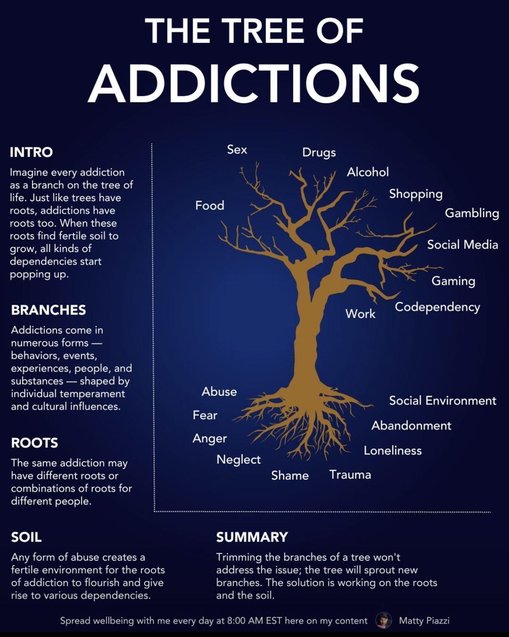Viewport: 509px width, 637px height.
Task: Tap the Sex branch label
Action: [x=237, y=150]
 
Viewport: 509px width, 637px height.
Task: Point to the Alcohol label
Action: [x=367, y=172]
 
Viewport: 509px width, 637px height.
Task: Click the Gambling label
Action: [x=472, y=214]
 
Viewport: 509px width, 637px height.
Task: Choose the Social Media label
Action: [x=462, y=245]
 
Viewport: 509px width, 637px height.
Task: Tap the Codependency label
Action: [x=437, y=307]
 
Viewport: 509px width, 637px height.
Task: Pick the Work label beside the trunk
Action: [x=360, y=314]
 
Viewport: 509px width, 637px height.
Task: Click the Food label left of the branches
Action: [x=210, y=205]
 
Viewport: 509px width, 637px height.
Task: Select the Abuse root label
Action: [x=219, y=391]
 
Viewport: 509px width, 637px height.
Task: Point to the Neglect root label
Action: [x=238, y=460]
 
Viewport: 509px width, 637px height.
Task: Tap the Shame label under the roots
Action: [x=290, y=476]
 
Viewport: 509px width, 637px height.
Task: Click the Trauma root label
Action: [x=350, y=475]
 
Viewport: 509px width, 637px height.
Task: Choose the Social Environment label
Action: [x=443, y=401]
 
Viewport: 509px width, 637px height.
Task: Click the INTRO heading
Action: [x=31, y=152]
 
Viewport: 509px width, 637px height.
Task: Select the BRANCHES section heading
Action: [x=48, y=310]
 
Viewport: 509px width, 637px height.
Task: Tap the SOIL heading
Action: [x=26, y=537]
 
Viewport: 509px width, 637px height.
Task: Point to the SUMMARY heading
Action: [x=252, y=537]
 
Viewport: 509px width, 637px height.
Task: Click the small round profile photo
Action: [x=384, y=620]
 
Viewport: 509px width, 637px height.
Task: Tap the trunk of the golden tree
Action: [x=307, y=341]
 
